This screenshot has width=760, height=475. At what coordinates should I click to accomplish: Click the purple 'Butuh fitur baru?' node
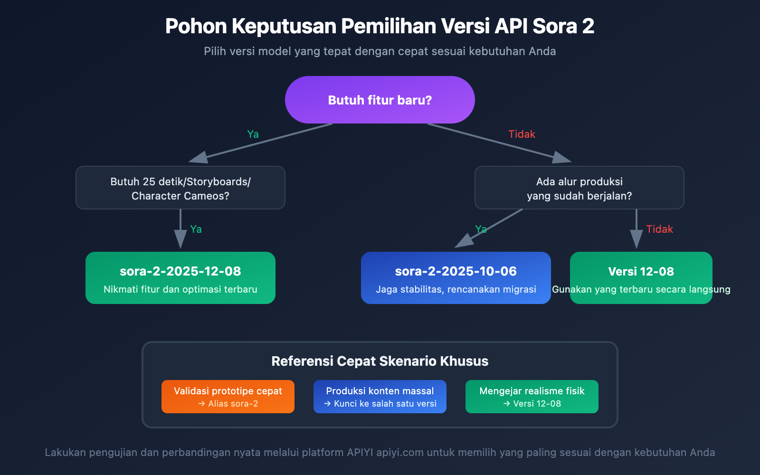[x=380, y=100]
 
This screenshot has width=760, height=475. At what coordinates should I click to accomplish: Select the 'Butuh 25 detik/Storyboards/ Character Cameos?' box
[x=180, y=188]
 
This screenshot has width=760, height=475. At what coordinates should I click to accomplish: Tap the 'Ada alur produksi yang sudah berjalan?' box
[x=579, y=188]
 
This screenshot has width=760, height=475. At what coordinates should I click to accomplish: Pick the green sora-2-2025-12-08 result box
[x=180, y=278]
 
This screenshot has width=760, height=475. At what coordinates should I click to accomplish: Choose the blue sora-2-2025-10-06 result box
[x=456, y=278]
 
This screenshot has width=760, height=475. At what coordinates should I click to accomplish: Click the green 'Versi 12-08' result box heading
[x=641, y=271]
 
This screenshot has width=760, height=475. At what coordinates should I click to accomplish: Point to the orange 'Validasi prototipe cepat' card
[x=228, y=397]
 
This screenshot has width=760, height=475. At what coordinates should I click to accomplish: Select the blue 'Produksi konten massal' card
[x=380, y=397]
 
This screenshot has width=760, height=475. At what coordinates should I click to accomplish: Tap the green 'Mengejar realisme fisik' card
[x=532, y=397]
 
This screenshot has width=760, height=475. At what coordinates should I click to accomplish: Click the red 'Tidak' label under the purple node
[x=522, y=134]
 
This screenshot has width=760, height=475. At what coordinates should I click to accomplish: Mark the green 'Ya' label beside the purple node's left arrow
[x=253, y=134]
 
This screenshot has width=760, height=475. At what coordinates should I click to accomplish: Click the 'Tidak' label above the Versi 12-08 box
[x=659, y=229]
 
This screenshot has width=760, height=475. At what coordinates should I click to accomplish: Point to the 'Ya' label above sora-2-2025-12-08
[x=196, y=229]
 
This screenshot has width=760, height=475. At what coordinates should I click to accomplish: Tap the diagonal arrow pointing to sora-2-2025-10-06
[x=489, y=228]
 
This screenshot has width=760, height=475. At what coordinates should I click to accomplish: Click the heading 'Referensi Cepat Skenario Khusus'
[x=380, y=361]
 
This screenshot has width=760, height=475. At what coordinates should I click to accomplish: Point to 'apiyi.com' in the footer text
[x=400, y=453]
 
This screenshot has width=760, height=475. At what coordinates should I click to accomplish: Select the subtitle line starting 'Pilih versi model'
[x=380, y=51]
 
